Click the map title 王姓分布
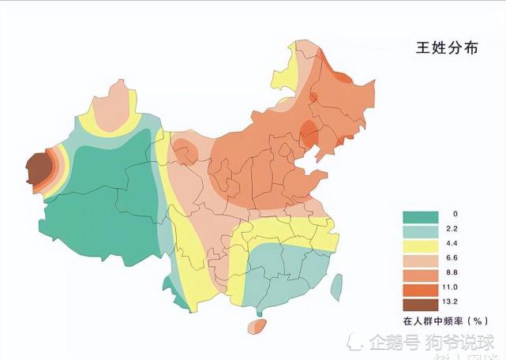(447, 48)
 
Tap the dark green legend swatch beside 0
(420, 215)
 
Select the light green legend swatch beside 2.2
(420, 230)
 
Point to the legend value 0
(454, 215)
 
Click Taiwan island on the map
(336, 287)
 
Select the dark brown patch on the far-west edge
(36, 168)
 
